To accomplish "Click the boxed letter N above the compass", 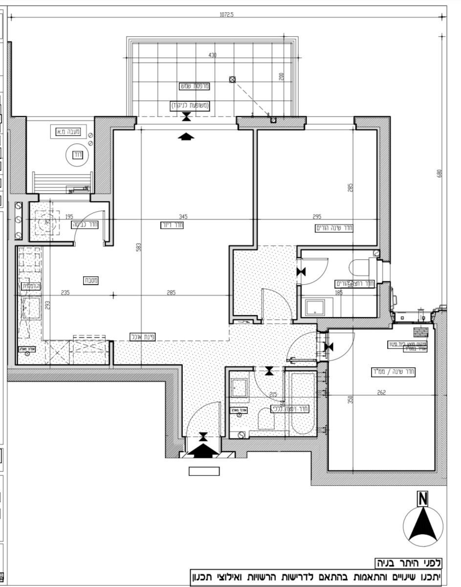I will coord(422,499).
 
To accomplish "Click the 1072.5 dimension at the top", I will coord(227,15).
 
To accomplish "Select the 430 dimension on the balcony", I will coord(212,55).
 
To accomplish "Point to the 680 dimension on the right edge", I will coord(439,174).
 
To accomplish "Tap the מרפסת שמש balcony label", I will coord(195,86).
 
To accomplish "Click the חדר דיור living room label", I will coord(171,225).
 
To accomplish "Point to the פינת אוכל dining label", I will coord(142,337).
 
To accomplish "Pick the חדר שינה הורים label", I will coord(334,228).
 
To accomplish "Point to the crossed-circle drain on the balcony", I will coord(233,79).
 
